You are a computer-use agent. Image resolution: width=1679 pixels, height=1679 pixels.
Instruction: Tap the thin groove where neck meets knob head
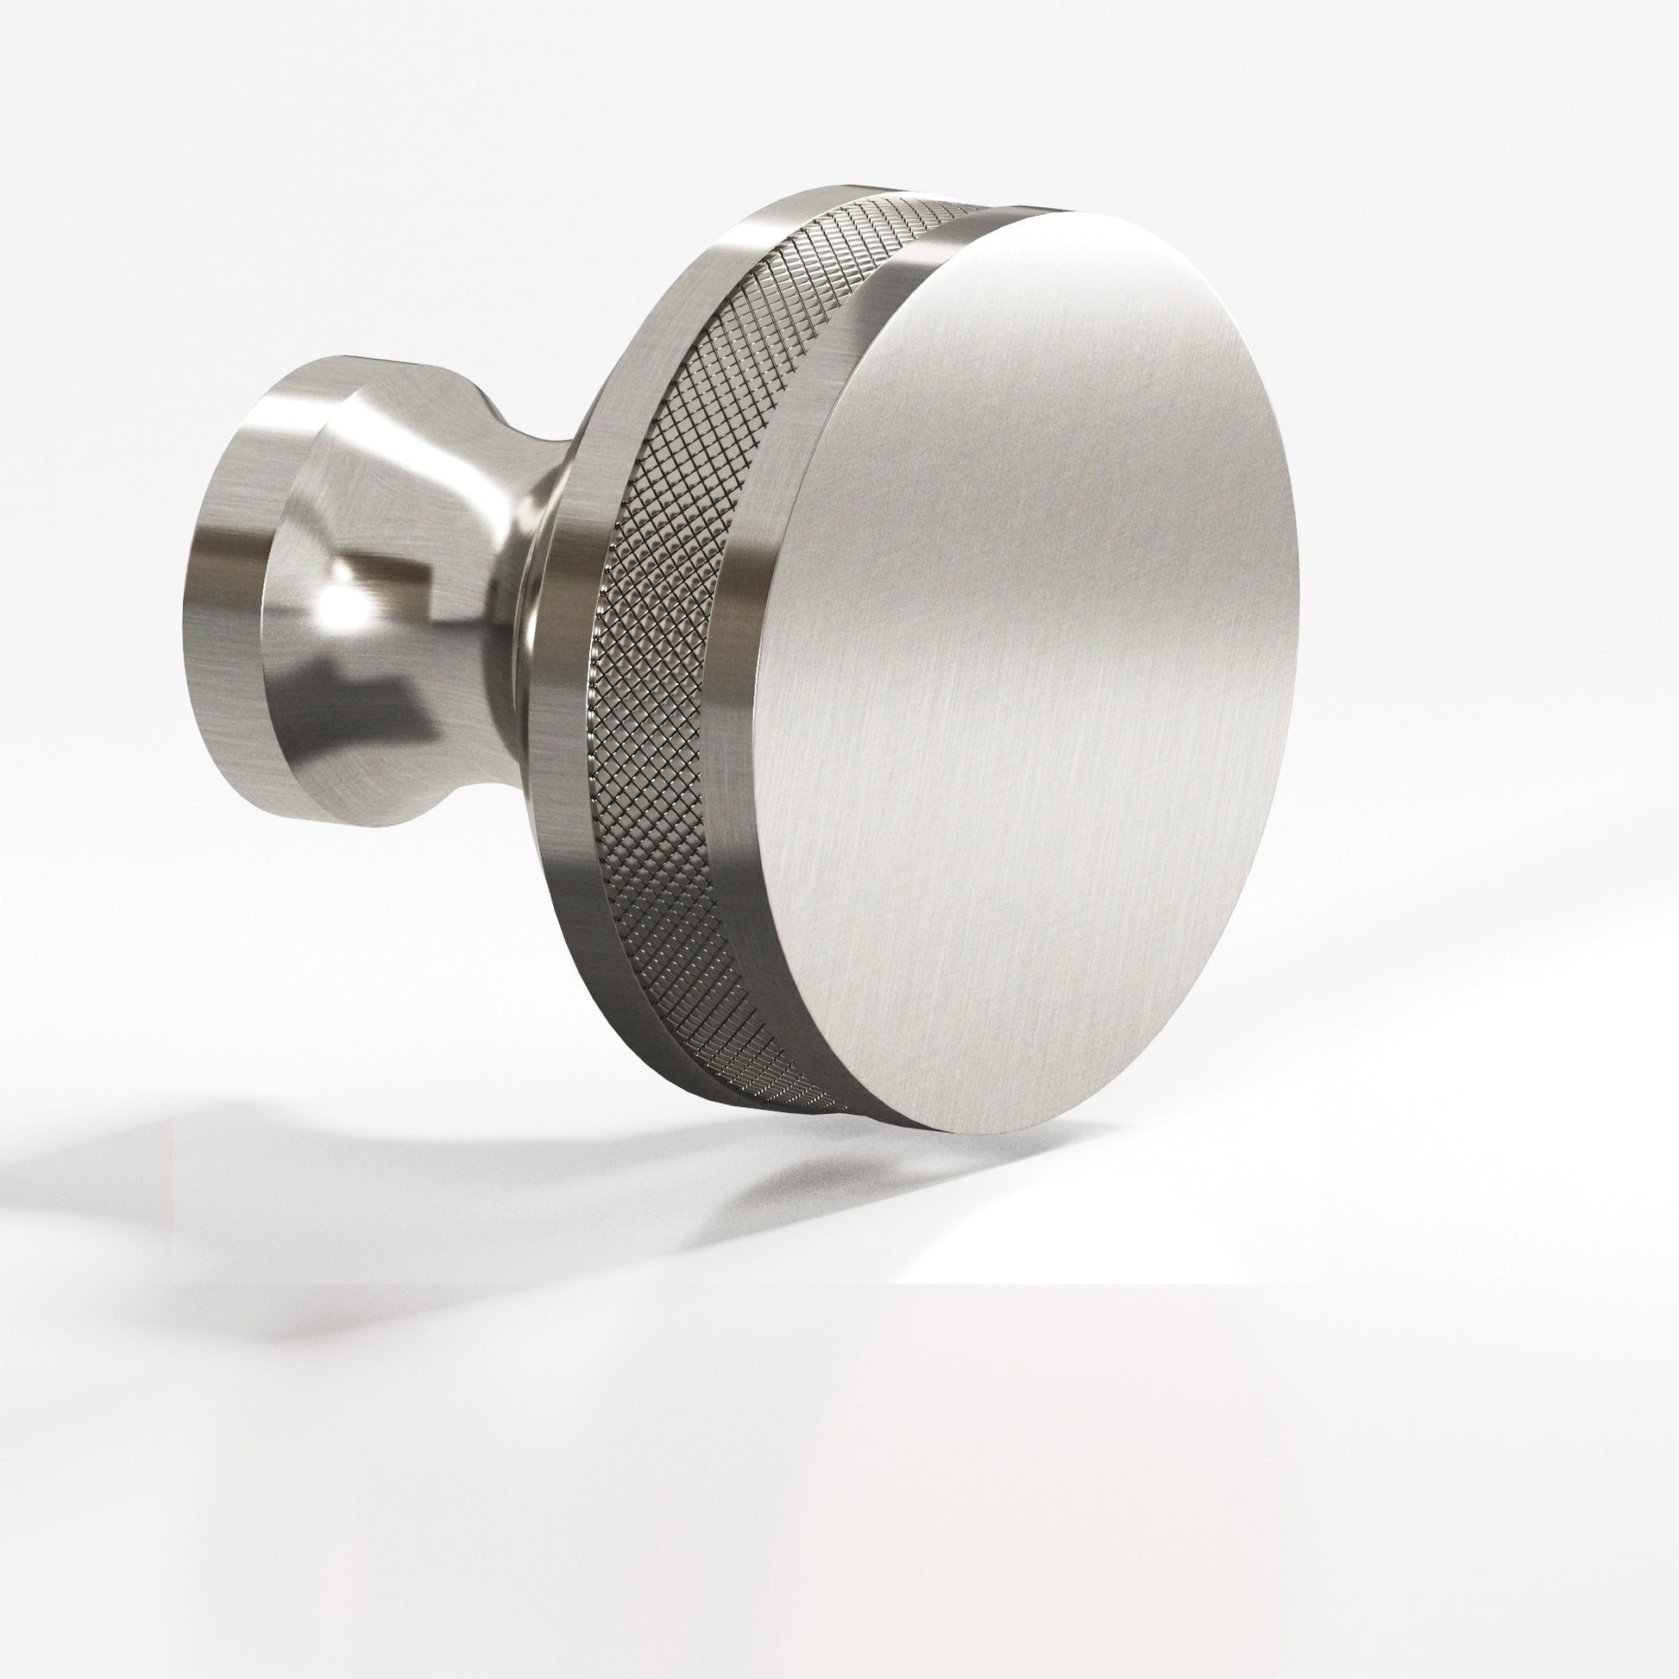point(530,608)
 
